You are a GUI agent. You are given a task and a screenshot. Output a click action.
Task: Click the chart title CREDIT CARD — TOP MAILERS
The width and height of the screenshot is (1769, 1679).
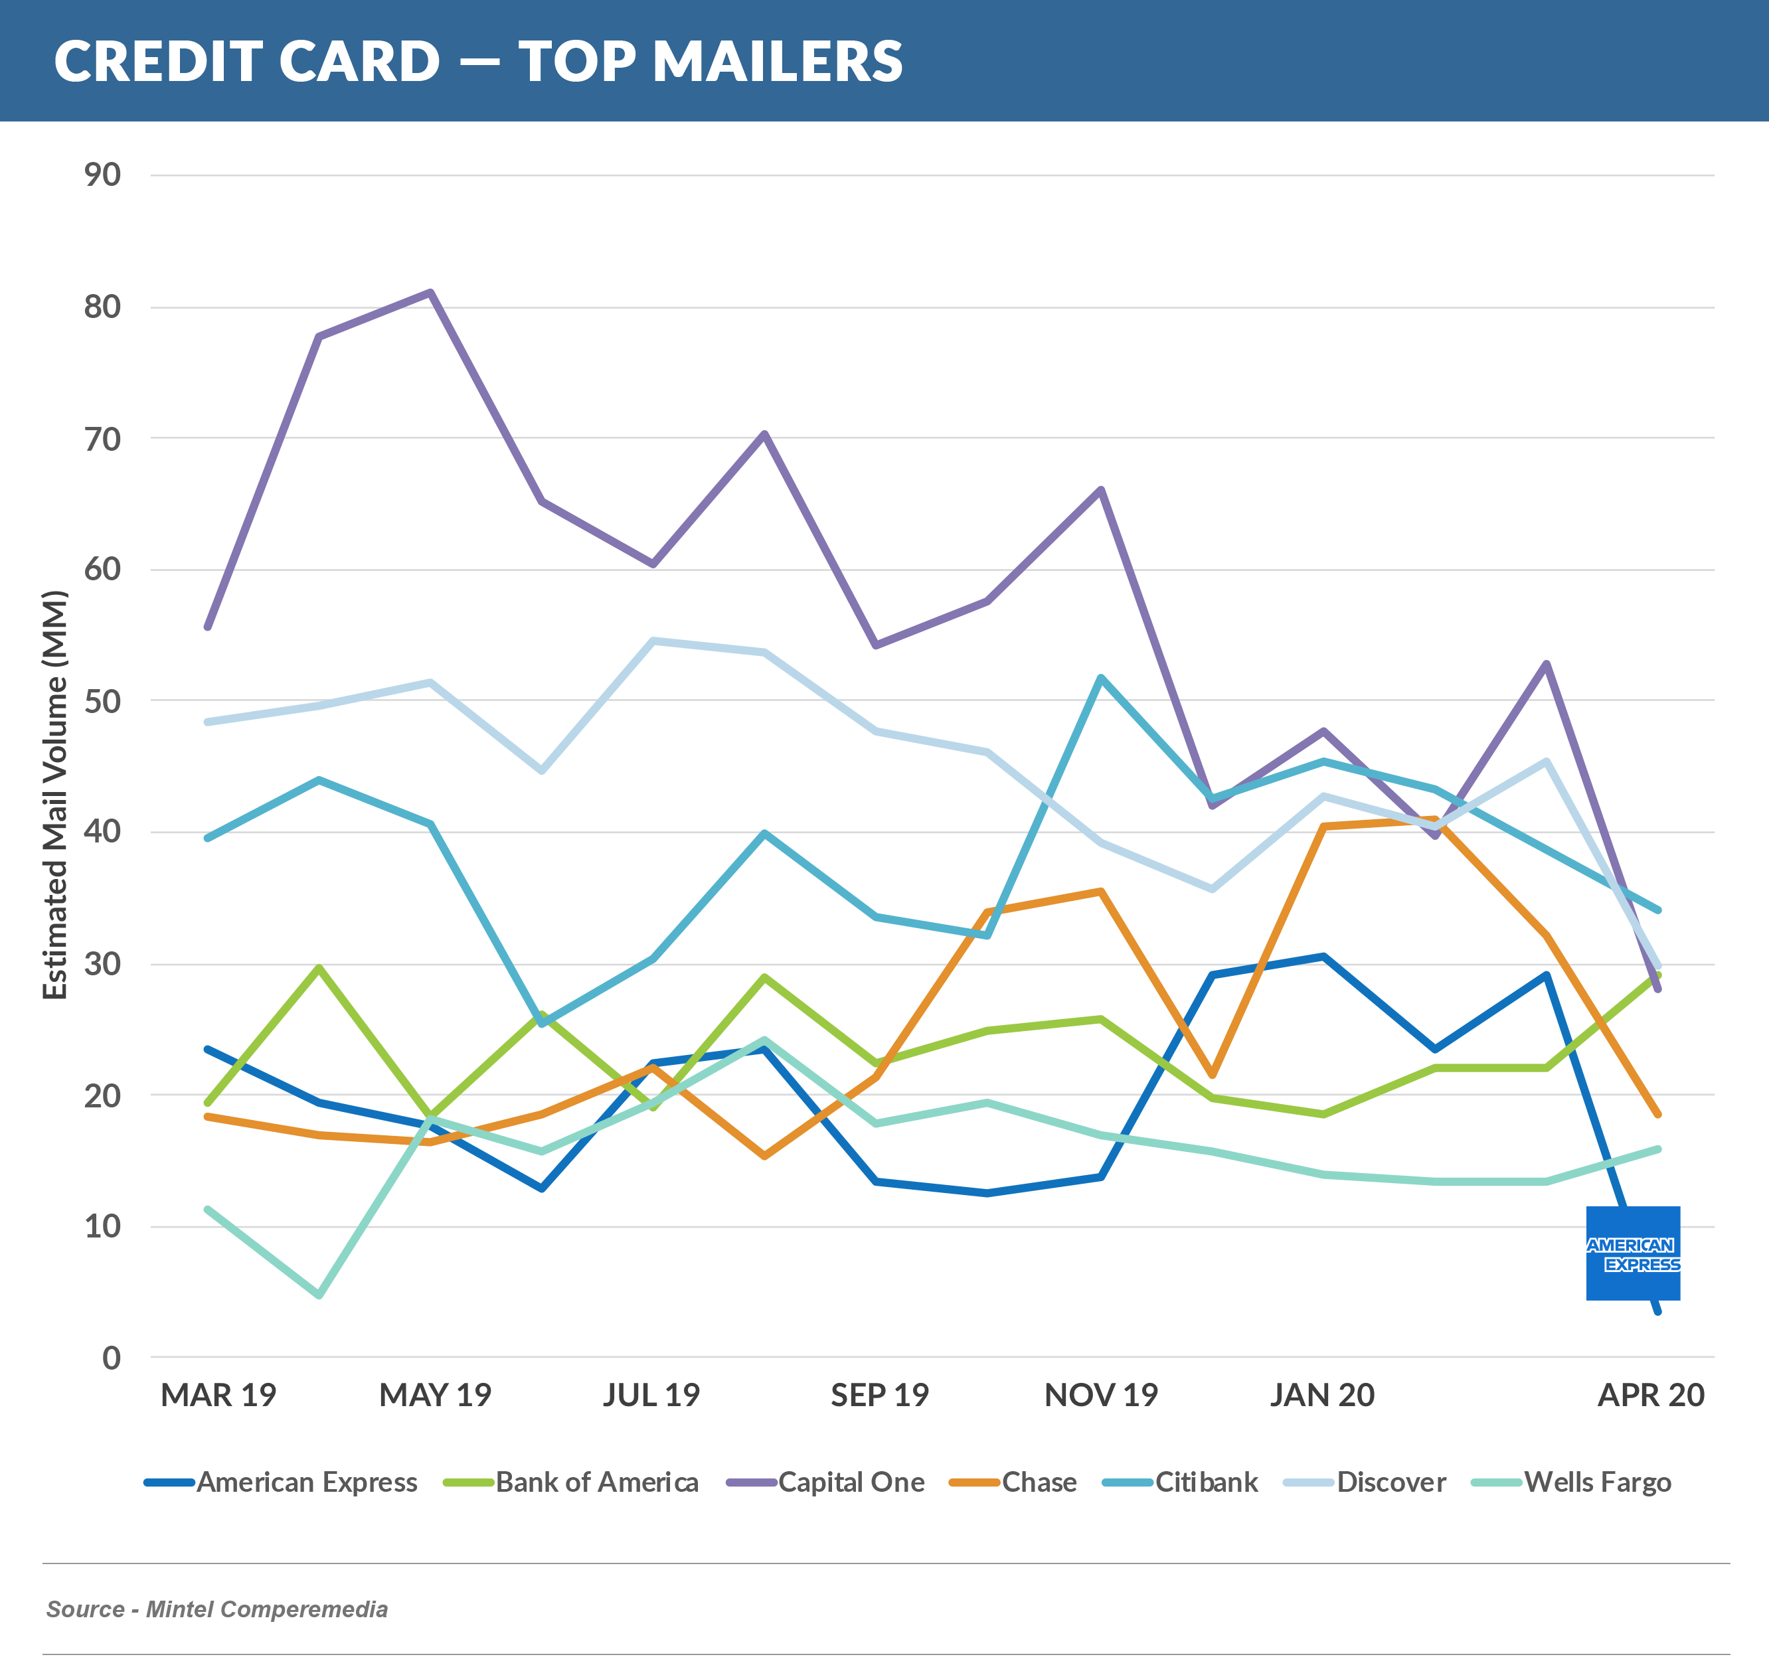[478, 61]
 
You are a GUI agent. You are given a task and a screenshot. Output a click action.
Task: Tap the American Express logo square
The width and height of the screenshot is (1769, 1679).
[1632, 1253]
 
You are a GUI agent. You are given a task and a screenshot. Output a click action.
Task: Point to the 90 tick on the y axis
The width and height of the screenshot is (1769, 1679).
[103, 175]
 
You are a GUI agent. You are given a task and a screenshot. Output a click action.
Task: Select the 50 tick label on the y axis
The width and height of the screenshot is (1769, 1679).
[103, 701]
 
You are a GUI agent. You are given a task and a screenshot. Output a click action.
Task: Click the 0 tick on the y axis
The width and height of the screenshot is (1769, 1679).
[111, 1358]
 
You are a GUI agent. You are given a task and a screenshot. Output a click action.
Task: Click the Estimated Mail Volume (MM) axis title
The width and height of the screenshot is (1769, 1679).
[56, 795]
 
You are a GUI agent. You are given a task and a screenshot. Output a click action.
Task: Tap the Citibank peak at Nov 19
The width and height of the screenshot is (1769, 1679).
[1100, 677]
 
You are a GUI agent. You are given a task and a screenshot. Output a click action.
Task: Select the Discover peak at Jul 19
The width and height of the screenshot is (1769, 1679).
[653, 640]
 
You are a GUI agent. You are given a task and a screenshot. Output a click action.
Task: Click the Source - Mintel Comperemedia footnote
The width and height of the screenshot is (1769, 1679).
[216, 1609]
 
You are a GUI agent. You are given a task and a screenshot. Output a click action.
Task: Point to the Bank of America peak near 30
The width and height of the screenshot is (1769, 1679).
[319, 967]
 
